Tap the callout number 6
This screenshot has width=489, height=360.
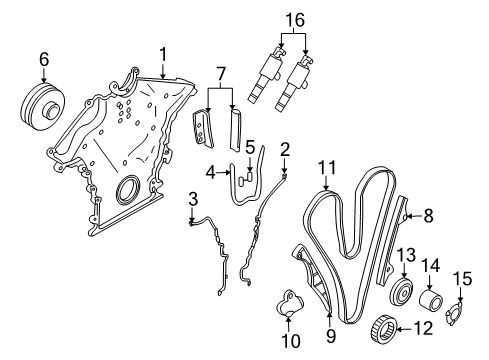point(43,60)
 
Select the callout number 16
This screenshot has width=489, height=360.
point(293,18)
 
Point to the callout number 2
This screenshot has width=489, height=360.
point(285,150)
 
